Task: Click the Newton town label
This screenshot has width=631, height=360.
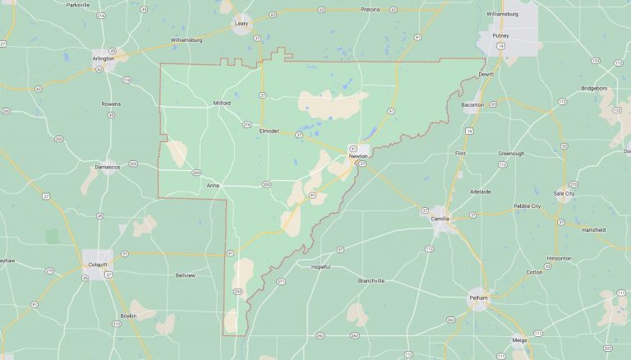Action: click(x=358, y=155)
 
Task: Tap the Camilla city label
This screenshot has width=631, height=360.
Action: click(x=440, y=219)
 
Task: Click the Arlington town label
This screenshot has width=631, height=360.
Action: click(x=104, y=58)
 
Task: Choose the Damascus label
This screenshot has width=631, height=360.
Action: click(x=107, y=167)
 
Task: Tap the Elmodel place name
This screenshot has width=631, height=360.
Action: click(x=269, y=131)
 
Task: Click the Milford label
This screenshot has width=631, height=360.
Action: click(x=222, y=103)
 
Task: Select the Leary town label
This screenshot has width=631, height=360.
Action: click(x=242, y=24)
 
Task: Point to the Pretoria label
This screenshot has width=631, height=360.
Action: click(x=371, y=9)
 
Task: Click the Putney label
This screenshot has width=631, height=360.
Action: click(x=501, y=35)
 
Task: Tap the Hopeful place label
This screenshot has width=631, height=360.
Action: click(x=320, y=266)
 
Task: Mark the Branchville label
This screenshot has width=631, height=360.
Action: click(x=371, y=280)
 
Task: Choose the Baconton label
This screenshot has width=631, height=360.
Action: click(x=473, y=104)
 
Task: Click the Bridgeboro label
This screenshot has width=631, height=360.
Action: click(x=594, y=87)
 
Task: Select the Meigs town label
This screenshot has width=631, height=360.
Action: click(x=519, y=339)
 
